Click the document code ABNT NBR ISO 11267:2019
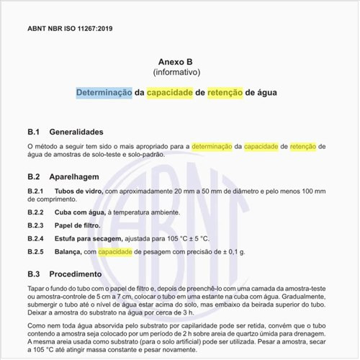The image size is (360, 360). point(69,29)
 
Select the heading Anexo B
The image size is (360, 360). point(176,63)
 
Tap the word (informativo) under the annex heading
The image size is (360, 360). point(176,73)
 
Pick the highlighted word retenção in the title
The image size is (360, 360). point(225,93)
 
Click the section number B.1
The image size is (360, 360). point(33,132)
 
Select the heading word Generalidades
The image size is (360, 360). point(81,132)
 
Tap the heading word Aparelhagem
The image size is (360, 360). point(78,176)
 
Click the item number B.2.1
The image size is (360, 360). point(36,191)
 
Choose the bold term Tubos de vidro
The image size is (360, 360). point(78,191)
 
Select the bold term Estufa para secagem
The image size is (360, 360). point(91,238)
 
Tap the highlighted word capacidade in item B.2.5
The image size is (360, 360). point(114,252)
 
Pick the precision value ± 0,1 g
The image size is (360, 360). point(231,252)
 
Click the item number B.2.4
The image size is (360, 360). point(36,238)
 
